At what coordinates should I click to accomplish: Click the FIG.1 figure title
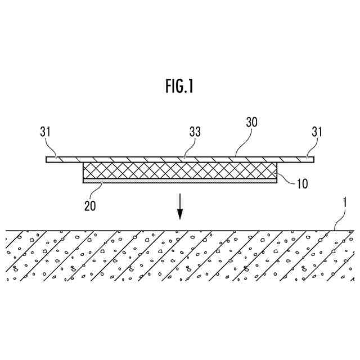coord(179,86)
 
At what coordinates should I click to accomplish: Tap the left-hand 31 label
coord(46,133)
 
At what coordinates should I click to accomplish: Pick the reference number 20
coord(89,205)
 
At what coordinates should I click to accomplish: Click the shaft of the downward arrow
coord(180,202)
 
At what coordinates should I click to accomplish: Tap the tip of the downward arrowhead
coord(180,219)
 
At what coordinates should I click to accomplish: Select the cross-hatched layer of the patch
coord(180,171)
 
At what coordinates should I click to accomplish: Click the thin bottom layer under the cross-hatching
coord(180,181)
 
